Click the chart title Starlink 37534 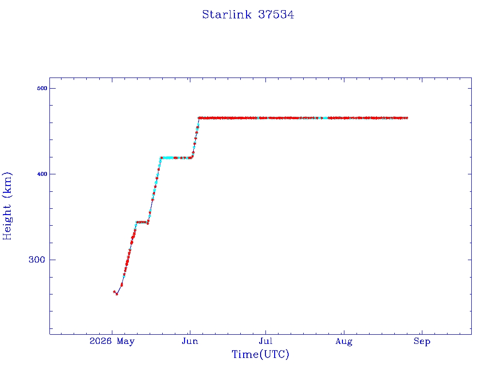tap(248, 15)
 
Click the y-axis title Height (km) tap(7, 206)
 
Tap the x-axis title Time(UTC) tap(260, 354)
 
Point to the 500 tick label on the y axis tap(42, 88)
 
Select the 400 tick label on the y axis tap(42, 174)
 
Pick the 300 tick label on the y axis tap(37, 260)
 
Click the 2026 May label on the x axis tap(112, 341)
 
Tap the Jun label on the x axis tap(190, 341)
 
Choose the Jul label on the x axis tap(265, 341)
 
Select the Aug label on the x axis tap(344, 341)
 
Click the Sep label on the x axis tap(422, 341)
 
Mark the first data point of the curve tap(114, 292)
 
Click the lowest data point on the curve tap(117, 294)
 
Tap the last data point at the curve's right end tap(406, 118)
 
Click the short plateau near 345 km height tap(142, 222)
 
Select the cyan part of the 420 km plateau tap(168, 157)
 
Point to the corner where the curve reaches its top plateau tap(199, 118)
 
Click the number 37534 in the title tap(276, 15)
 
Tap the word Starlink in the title tap(227, 15)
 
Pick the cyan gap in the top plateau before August tap(325, 118)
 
